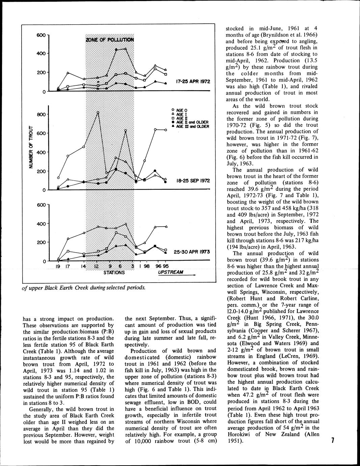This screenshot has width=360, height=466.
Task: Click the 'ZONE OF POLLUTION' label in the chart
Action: [x=110, y=40]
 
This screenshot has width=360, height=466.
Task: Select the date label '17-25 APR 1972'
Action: [x=193, y=81]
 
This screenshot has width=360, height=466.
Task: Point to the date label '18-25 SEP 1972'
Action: [x=193, y=181]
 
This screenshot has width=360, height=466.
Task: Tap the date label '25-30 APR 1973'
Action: [x=192, y=252]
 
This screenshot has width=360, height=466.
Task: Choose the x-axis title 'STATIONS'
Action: [x=114, y=273]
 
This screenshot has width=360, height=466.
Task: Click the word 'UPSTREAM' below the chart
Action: [x=170, y=272]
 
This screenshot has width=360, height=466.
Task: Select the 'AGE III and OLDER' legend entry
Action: [x=192, y=126]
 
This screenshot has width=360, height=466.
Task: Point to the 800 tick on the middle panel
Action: [x=41, y=114]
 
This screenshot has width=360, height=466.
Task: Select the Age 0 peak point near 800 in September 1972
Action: [x=98, y=112]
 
